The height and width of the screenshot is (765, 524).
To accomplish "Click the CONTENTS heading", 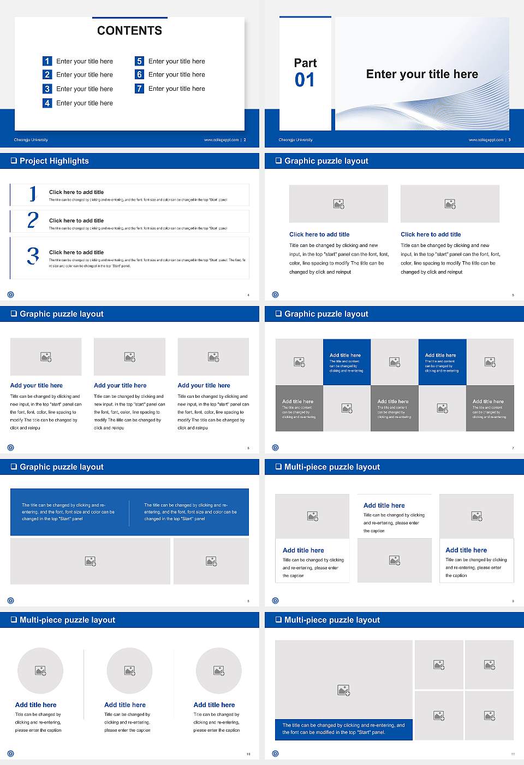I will coord(129,31).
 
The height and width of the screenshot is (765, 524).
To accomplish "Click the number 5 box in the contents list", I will coord(139,61).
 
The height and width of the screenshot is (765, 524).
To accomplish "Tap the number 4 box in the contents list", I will coord(47,103).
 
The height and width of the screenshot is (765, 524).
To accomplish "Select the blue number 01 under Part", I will coord(305,80).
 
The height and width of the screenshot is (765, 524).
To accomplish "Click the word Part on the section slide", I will coord(305,63).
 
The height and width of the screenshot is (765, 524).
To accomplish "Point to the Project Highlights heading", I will coord(54,161).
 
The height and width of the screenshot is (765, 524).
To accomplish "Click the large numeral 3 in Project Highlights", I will coord(33,256).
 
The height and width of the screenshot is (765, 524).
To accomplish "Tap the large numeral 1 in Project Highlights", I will coord(33,193).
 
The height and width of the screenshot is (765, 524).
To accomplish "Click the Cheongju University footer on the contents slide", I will coord(31,140).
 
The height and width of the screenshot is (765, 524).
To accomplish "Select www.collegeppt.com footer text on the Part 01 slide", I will coord(486,140).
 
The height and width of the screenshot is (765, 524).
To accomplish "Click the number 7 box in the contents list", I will coord(139,89).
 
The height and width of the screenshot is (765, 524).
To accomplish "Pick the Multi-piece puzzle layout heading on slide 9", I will coord(332,467).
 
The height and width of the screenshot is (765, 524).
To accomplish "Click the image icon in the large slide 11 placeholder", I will coord(343,691).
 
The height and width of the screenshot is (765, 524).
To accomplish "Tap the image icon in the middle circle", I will coord(129,670).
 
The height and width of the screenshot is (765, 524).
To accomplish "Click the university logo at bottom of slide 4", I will coord(10,295).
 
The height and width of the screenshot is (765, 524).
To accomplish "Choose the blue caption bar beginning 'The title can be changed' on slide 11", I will coord(343,729).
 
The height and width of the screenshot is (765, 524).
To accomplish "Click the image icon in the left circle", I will coord(40,670).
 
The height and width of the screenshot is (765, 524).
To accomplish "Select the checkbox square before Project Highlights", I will coord(14,161).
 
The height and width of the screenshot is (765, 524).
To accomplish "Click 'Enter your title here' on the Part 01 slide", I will coord(422,74).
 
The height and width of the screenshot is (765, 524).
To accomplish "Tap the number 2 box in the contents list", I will coord(47,74).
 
